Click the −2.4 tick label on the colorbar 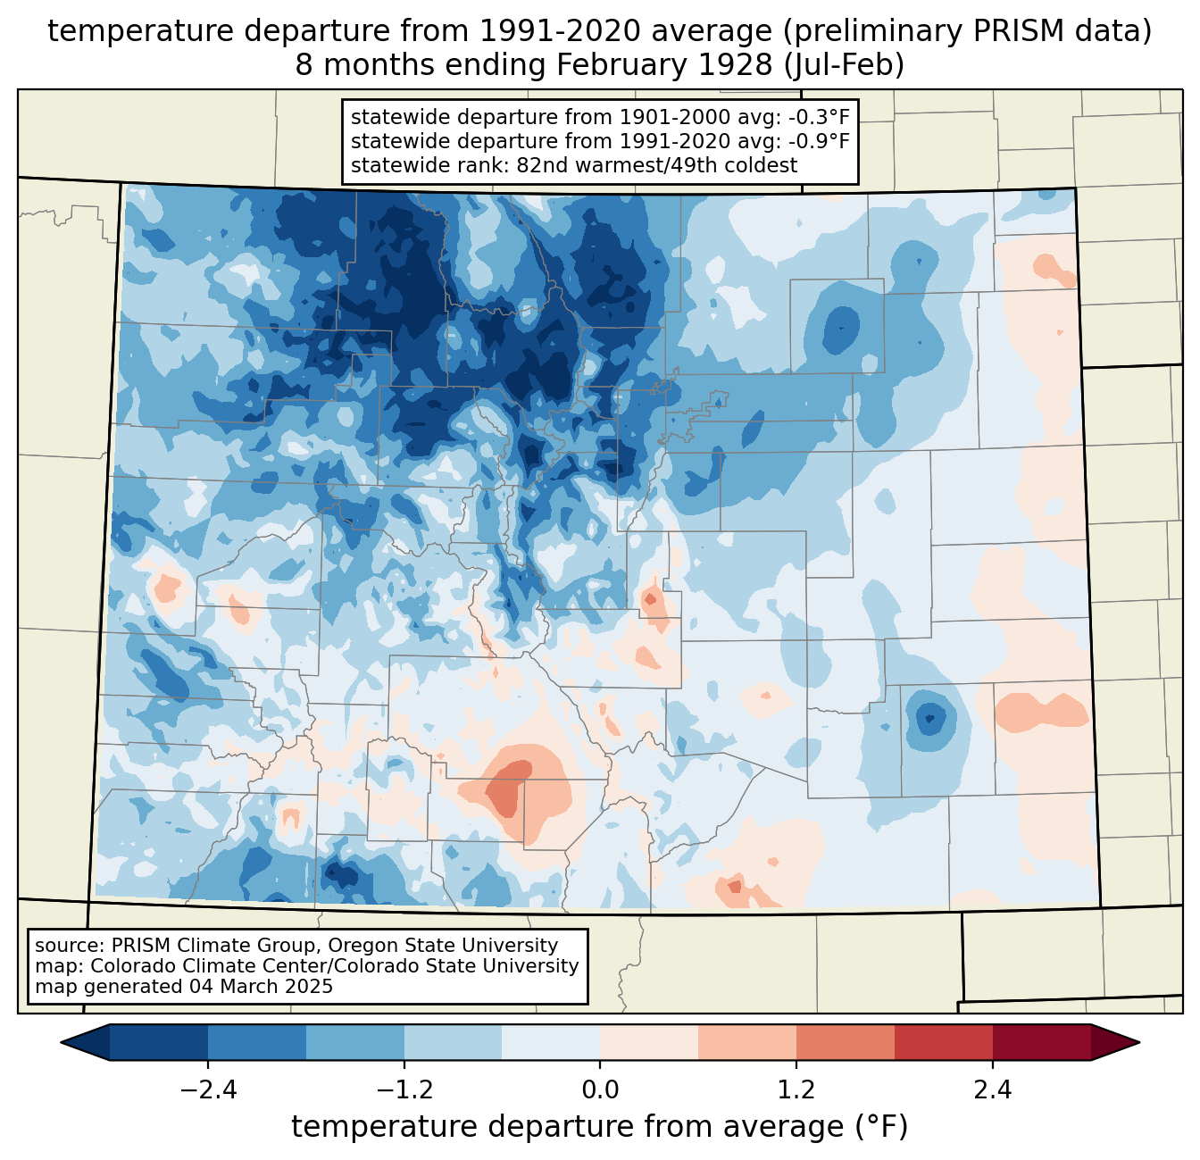coord(208,1090)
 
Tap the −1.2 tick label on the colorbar coord(404,1090)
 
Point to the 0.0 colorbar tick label coord(600,1090)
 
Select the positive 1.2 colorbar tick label coord(796,1090)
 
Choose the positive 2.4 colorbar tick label coord(993,1090)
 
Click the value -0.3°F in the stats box coord(815,117)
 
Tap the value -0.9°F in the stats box coord(815,141)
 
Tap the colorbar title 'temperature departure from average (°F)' coord(600,1127)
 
